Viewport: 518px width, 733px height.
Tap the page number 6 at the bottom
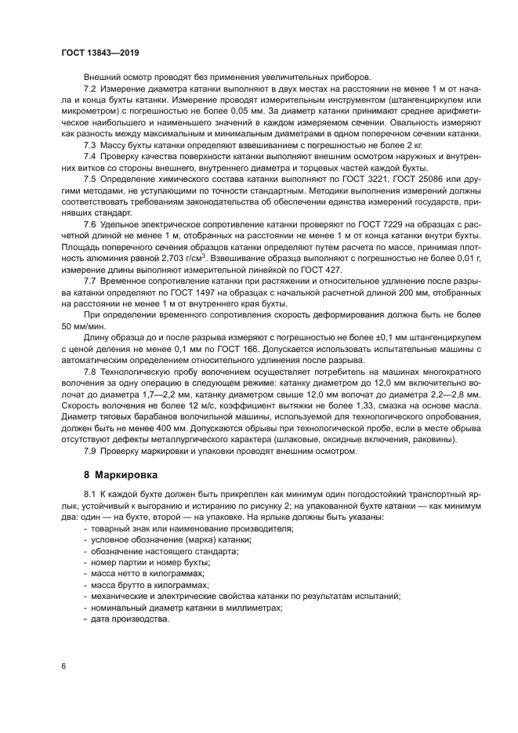64,666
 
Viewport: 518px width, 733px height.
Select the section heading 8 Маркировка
120,475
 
